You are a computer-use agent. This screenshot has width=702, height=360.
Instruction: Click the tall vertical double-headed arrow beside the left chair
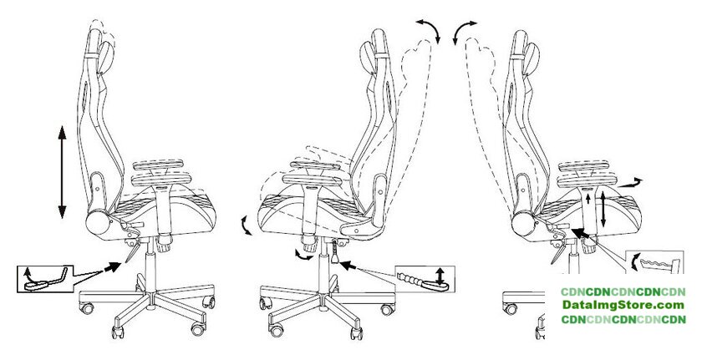62,172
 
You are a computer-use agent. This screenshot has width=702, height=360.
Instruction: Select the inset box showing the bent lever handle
45,279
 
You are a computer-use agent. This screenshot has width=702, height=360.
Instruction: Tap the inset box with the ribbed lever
425,280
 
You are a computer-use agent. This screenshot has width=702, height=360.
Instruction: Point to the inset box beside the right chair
654,262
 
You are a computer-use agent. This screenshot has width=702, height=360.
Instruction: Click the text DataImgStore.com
623,306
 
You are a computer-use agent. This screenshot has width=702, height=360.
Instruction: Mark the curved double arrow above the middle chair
429,30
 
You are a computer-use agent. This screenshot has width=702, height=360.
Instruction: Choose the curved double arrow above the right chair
464,30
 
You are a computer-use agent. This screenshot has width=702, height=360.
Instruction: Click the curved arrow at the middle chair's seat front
246,225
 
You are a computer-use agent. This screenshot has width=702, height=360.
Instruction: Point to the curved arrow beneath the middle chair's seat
303,256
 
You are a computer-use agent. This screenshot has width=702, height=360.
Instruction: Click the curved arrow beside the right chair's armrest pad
629,183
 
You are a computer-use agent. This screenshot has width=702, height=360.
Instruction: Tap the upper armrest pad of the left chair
159,165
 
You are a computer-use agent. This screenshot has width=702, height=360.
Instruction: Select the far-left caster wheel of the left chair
87,307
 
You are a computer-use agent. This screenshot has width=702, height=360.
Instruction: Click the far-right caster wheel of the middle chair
387,309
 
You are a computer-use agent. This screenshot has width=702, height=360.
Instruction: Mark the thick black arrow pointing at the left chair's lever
112,267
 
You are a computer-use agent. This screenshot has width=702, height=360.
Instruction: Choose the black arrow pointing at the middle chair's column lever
348,266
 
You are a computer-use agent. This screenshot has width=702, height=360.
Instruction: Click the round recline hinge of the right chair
523,224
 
